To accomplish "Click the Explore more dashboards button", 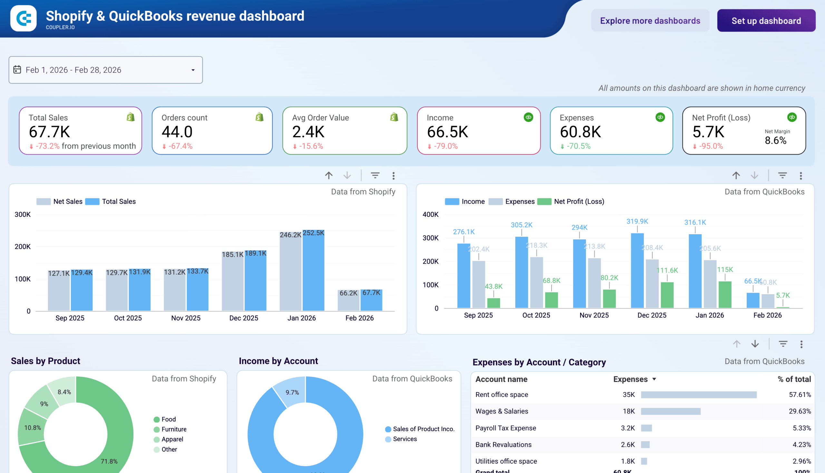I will pos(650,21).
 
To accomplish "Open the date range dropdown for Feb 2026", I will pos(106,70).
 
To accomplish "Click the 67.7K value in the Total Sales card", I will pos(49,132).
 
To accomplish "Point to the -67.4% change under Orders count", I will pos(180,146).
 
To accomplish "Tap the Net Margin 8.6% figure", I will pos(775,140).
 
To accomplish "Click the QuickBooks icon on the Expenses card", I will pos(660,117).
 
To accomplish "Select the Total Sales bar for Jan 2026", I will pos(313,273).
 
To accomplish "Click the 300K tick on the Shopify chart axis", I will pos(23,214).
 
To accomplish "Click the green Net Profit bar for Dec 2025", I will pos(667,295).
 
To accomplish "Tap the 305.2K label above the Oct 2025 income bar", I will pos(521,225).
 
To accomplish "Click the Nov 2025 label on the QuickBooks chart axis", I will pos(594,315).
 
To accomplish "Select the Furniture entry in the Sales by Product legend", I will pos(173,429).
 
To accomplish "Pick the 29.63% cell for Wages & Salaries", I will pos(799,411).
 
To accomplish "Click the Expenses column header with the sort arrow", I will pos(634,379).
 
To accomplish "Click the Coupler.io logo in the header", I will pos(24,18).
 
